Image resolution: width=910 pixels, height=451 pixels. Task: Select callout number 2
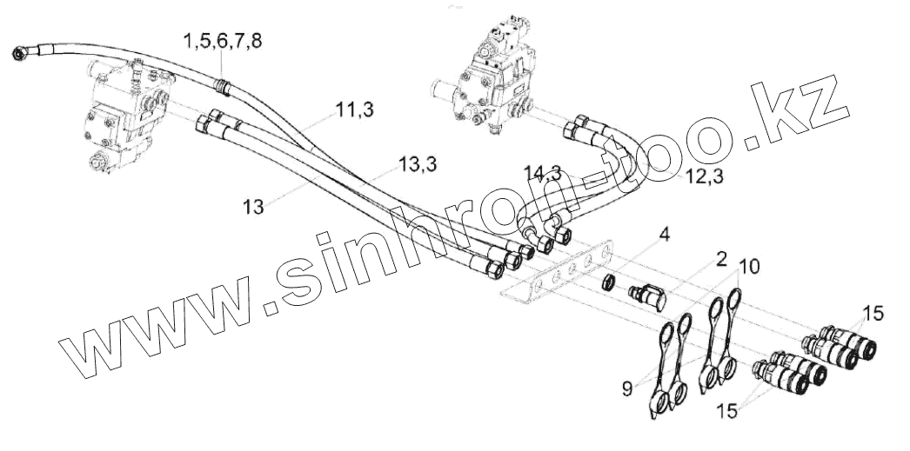click(721, 258)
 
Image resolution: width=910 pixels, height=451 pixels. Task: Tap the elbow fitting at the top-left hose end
click(21, 56)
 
